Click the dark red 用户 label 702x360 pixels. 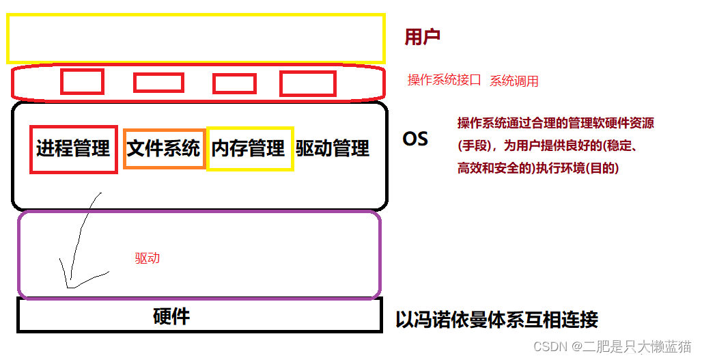(x=422, y=37)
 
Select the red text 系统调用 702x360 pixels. (x=514, y=81)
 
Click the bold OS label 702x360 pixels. (x=415, y=139)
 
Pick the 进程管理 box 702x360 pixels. (x=73, y=148)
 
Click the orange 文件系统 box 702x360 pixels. (x=164, y=148)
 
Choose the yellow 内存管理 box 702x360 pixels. (x=249, y=148)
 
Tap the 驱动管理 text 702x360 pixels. (x=333, y=148)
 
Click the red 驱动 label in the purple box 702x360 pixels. (x=147, y=258)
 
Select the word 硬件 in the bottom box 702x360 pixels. (x=171, y=316)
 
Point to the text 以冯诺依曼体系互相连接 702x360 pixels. (x=496, y=319)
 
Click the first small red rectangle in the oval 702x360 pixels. (x=82, y=82)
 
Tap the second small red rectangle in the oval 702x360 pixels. (x=158, y=83)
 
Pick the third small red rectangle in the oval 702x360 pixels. (x=234, y=83)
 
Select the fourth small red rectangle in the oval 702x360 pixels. (x=308, y=83)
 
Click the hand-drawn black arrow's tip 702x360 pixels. (x=68, y=286)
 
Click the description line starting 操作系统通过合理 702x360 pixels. (x=555, y=124)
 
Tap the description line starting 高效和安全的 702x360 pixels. (x=538, y=168)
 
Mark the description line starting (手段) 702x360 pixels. (x=546, y=146)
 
